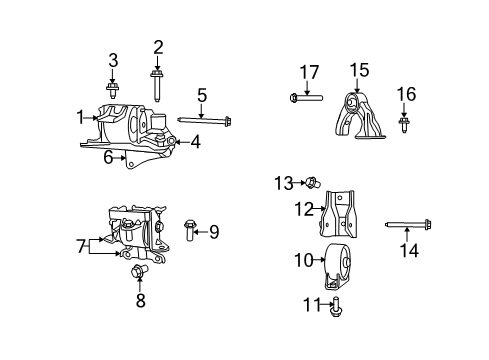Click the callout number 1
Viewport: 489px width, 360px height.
point(80,117)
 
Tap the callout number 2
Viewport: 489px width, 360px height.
point(158,46)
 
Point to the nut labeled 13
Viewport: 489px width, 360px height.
point(311,182)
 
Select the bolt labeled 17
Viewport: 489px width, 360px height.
point(306,97)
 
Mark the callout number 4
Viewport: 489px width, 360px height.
point(195,142)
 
